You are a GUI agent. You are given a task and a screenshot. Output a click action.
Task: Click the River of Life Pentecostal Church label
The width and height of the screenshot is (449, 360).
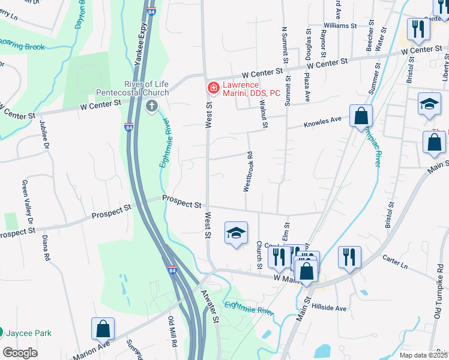[x=146, y=88]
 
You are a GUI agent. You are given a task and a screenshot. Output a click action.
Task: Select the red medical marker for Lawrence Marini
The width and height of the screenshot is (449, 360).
[x=212, y=88]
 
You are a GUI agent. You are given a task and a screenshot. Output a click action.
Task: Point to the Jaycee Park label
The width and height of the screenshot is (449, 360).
[x=29, y=333]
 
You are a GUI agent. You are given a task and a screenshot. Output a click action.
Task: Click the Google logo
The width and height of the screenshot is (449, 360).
[x=20, y=353]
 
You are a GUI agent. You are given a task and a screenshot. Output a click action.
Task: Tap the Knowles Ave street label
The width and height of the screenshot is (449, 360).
[x=322, y=122]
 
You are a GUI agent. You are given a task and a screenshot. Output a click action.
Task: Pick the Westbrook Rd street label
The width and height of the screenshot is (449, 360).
[x=247, y=172]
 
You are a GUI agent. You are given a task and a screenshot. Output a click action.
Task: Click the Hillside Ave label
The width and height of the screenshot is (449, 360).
[x=329, y=308]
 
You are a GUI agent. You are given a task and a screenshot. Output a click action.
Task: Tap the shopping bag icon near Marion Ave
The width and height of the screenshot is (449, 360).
[x=103, y=329]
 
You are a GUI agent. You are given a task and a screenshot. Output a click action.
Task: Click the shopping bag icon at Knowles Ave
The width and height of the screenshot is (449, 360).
[x=361, y=116]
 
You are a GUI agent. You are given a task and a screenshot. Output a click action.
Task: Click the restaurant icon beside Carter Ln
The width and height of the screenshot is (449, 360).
[x=349, y=257]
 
